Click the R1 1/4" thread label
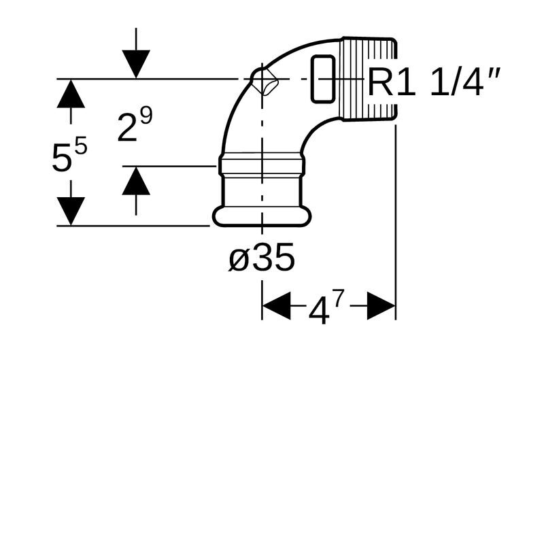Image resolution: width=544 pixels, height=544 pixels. click(x=434, y=82)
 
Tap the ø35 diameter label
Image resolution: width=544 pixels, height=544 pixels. click(x=262, y=258)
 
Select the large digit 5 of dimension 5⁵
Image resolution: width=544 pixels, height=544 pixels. click(x=61, y=158)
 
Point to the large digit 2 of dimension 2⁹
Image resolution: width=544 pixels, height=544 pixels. click(x=127, y=129)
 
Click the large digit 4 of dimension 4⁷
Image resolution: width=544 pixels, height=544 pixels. click(x=319, y=312)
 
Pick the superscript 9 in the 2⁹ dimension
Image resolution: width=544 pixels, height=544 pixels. click(x=146, y=116)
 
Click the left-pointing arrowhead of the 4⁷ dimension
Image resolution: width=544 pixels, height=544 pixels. click(x=276, y=305)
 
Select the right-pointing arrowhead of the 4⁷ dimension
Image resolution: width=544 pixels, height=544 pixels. click(x=381, y=305)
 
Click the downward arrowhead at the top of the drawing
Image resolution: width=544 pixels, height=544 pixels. click(x=136, y=64)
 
